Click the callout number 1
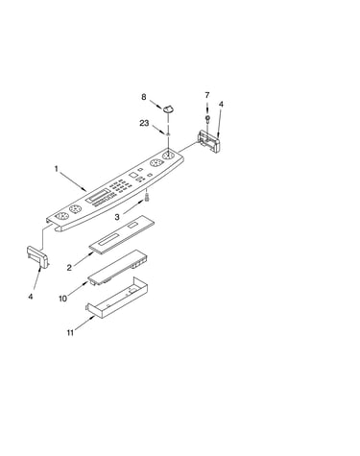click(57, 168)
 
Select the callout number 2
click(69, 268)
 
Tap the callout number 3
click(117, 217)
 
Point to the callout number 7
click(207, 95)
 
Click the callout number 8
click(144, 97)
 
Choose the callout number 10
click(63, 299)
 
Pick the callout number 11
click(70, 333)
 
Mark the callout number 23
click(144, 123)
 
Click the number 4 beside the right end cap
click(221, 105)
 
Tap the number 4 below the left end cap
click(31, 297)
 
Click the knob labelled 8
click(170, 108)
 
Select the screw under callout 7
click(207, 120)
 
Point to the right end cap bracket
click(209, 141)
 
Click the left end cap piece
click(37, 256)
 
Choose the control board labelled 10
click(118, 267)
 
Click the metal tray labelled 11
click(116, 299)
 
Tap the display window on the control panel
click(98, 196)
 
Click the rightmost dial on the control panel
click(168, 156)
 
